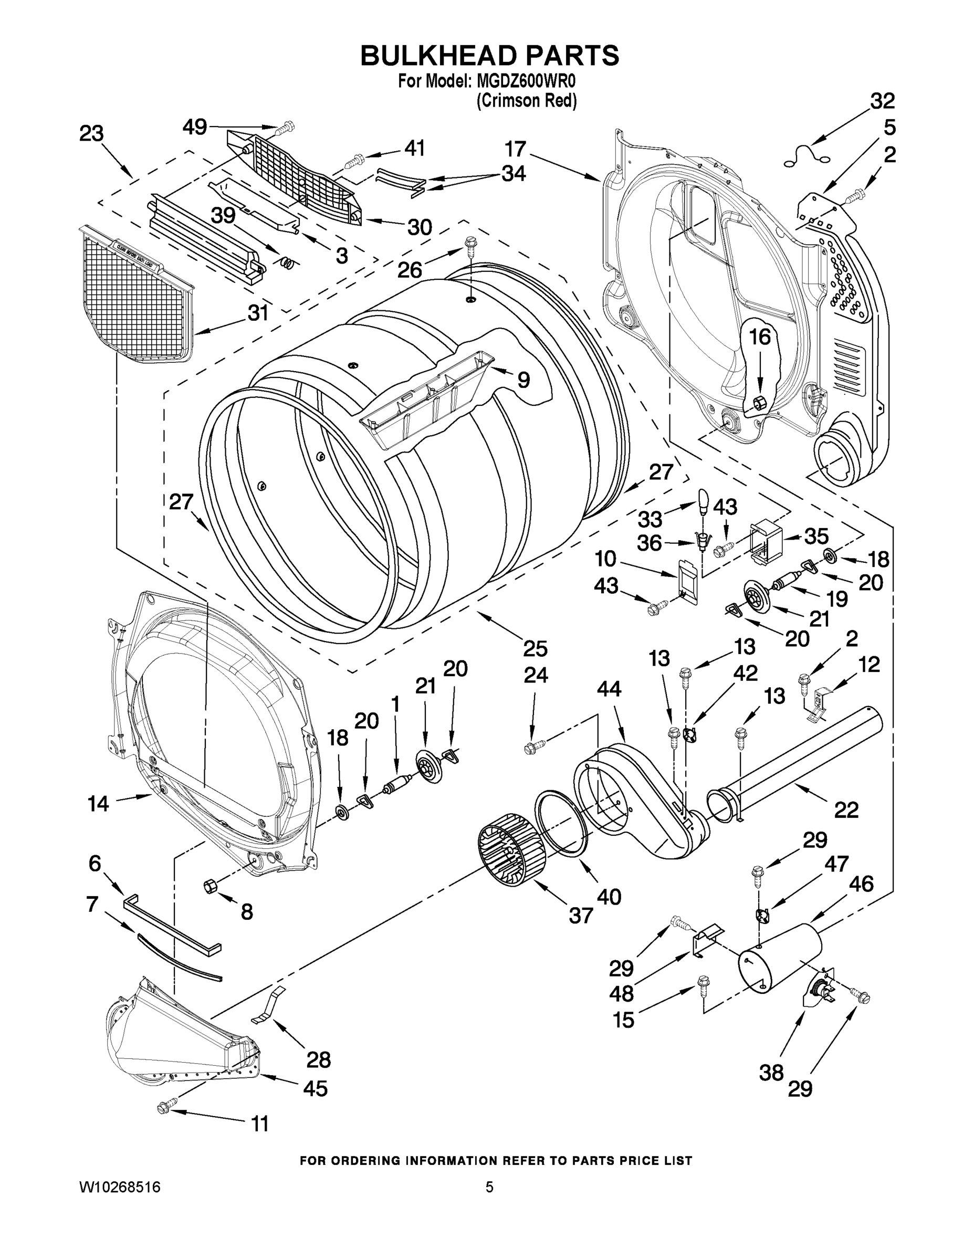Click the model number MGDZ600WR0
(526, 81)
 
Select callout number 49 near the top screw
(194, 127)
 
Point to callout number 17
(515, 150)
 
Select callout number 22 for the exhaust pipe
(846, 810)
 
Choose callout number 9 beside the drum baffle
(523, 379)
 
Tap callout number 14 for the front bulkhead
(98, 803)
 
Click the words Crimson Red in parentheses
(526, 101)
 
